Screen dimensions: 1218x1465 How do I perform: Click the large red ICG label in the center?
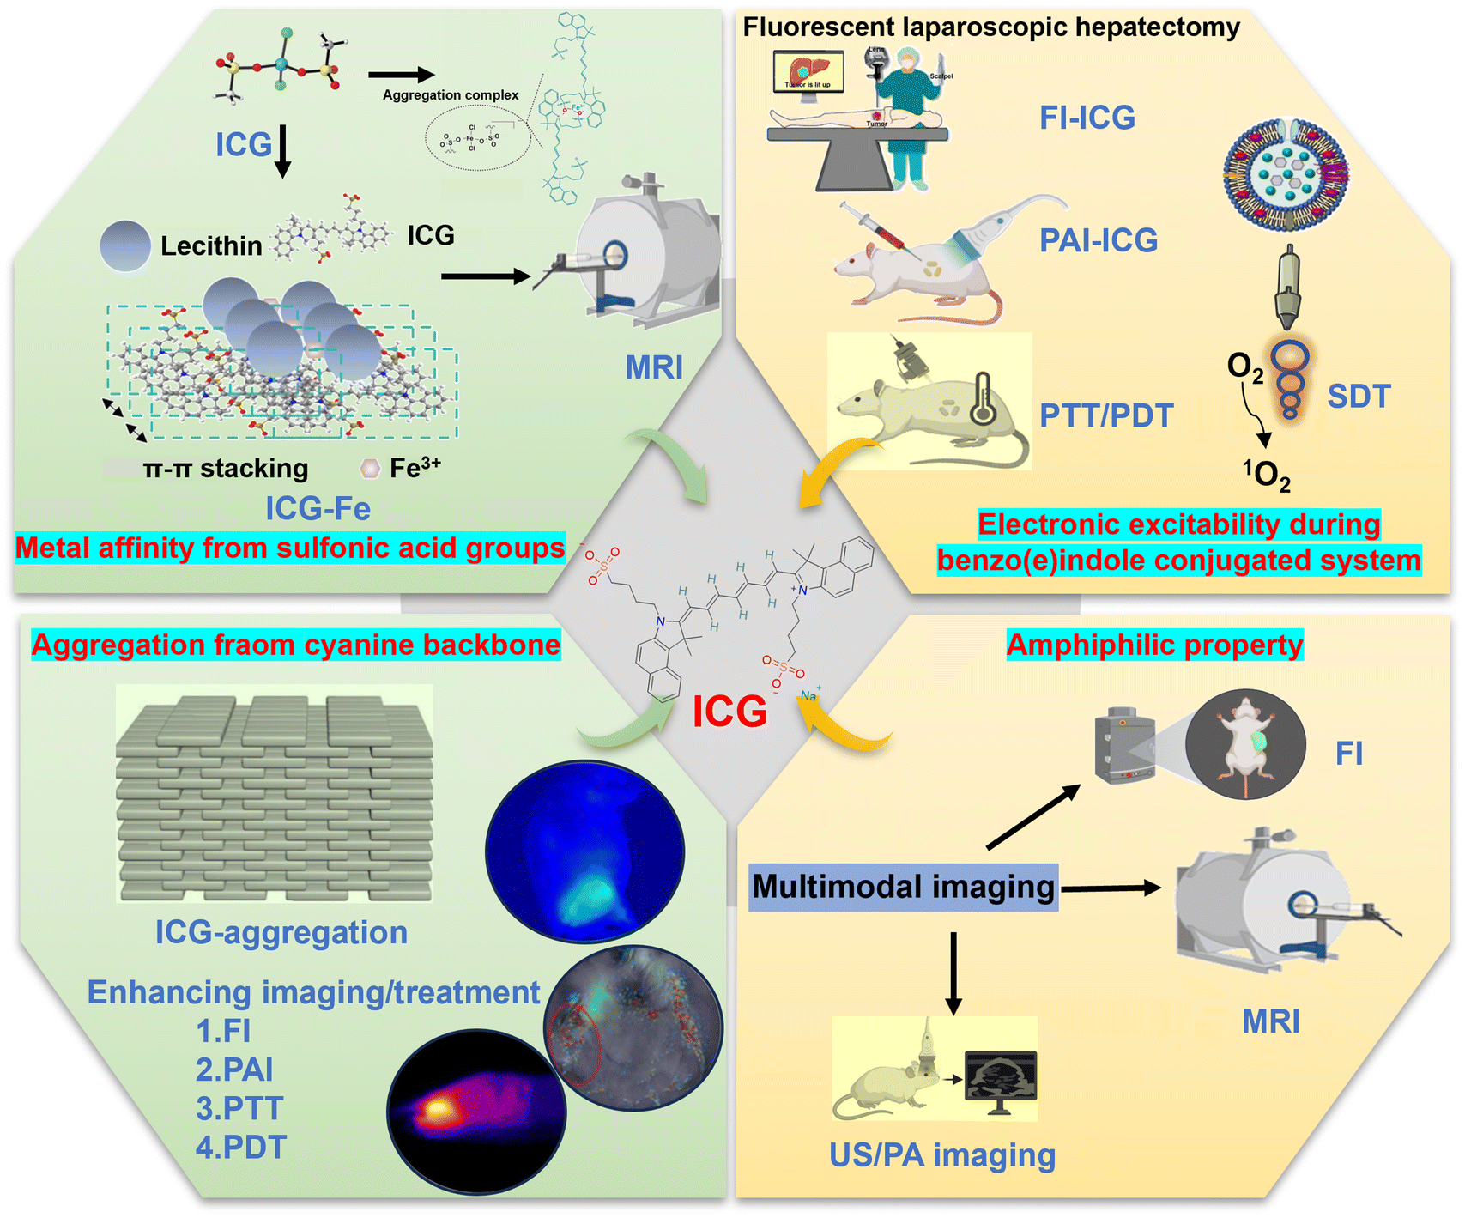pyautogui.click(x=729, y=712)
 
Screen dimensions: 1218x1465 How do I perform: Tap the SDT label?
pyautogui.click(x=1359, y=397)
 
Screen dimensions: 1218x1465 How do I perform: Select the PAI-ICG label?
pyautogui.click(x=1099, y=240)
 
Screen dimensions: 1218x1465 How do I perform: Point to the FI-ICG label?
pyautogui.click(x=1087, y=118)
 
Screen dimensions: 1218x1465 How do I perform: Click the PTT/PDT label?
pyautogui.click(x=1106, y=415)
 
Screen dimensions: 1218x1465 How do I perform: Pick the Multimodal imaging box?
pyautogui.click(x=903, y=887)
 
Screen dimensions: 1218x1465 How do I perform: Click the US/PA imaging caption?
pyautogui.click(x=941, y=1155)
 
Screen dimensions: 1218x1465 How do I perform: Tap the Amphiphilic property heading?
pyautogui.click(x=1154, y=645)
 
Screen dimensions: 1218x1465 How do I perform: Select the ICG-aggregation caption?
pyautogui.click(x=281, y=932)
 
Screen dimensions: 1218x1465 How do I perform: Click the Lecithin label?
pyautogui.click(x=211, y=246)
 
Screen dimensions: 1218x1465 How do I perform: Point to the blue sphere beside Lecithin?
pyautogui.click(x=125, y=246)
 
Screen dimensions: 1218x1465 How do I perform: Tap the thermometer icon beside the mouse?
pyautogui.click(x=983, y=399)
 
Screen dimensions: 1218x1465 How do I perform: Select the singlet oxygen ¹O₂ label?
pyautogui.click(x=1267, y=475)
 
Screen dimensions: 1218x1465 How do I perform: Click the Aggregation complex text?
pyautogui.click(x=451, y=95)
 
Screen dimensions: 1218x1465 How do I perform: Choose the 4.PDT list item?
pyautogui.click(x=240, y=1147)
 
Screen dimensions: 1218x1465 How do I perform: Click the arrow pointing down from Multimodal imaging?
pyautogui.click(x=953, y=974)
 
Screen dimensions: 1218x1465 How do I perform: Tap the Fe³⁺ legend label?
pyautogui.click(x=415, y=468)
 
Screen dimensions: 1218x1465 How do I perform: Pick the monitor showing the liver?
pyautogui.click(x=808, y=70)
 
